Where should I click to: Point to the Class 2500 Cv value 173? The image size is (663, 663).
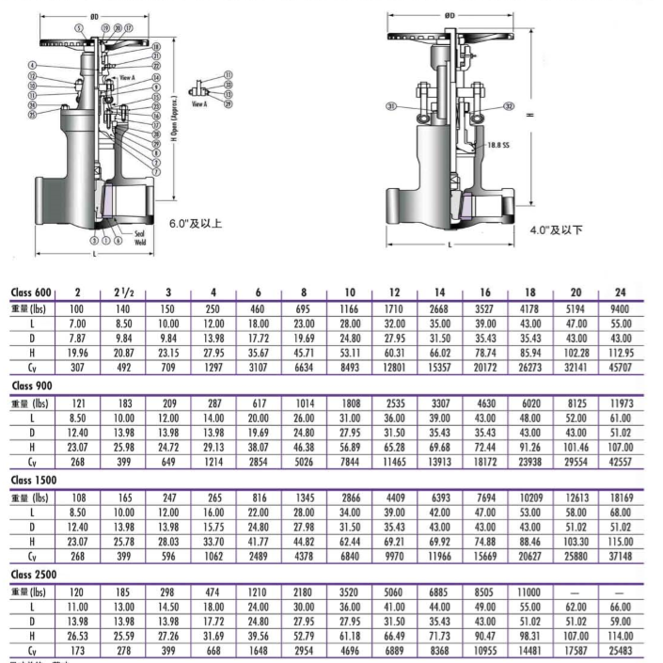(x=79, y=650)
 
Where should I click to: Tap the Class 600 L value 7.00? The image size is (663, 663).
(x=79, y=323)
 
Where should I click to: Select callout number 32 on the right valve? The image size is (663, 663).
(x=511, y=106)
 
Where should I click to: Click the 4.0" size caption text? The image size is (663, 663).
(x=556, y=229)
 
